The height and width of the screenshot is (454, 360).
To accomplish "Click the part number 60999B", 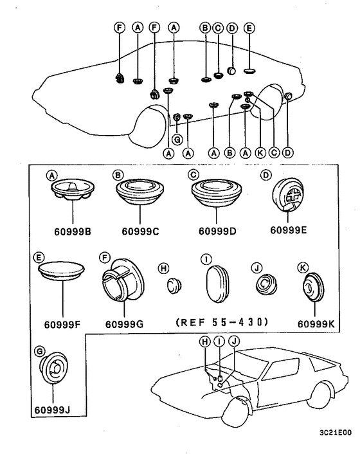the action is (x=73, y=232).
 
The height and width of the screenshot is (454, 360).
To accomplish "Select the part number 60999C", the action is (x=140, y=232).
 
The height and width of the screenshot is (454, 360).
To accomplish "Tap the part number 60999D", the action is (x=217, y=232).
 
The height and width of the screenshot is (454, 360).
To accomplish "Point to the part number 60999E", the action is (x=289, y=230).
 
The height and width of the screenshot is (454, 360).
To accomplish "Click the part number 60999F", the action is (x=62, y=325).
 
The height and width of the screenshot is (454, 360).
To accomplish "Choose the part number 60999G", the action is (x=125, y=324).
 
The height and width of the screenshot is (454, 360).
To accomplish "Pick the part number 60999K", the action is (x=316, y=324).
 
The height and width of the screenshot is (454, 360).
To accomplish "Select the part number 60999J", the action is (x=52, y=410).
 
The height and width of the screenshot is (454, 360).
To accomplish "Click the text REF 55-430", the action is (x=222, y=322).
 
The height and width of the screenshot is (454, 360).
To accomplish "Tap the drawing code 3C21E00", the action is (x=336, y=433).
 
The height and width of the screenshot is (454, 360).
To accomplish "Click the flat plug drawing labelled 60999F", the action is (x=61, y=271).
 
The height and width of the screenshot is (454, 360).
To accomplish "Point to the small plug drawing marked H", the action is (x=174, y=285).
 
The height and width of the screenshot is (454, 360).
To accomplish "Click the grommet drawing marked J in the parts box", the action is (x=266, y=285).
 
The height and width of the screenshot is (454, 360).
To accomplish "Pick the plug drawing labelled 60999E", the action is (x=288, y=195).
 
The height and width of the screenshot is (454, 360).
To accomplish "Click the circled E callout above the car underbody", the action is (x=249, y=28).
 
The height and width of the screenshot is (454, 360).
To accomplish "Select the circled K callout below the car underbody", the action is (x=260, y=152).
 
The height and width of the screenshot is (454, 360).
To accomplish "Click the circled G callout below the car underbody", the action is (x=177, y=140).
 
